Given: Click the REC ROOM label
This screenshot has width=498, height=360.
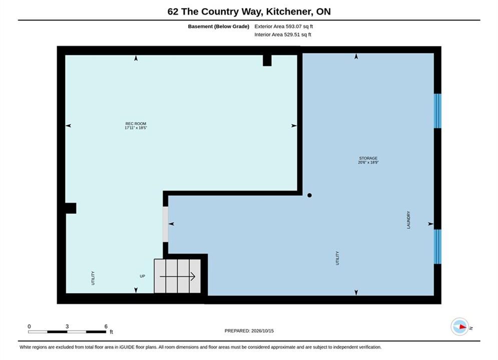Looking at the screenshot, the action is (136, 123).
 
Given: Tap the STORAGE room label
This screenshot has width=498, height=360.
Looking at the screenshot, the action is (368, 158).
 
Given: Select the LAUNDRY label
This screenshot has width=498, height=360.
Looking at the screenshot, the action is (408, 220).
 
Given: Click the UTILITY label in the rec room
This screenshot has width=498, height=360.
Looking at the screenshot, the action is (93, 278).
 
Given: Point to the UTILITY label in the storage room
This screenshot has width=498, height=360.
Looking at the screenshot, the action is (337, 258).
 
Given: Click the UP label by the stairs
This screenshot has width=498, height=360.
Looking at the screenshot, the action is (142, 276).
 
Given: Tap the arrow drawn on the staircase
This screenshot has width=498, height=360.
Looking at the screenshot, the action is (177, 276).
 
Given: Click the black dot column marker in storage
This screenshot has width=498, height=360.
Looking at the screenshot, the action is (309, 195).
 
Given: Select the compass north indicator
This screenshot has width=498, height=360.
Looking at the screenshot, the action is (459, 326).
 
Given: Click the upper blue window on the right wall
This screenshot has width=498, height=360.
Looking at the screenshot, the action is (437, 111).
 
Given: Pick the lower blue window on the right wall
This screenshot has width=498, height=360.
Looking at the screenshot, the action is (437, 246).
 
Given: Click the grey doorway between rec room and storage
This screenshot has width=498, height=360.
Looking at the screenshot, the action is (166, 224).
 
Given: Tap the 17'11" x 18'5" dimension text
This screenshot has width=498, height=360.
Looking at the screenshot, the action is (136, 128).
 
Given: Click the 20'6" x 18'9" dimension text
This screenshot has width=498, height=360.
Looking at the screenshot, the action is (368, 162).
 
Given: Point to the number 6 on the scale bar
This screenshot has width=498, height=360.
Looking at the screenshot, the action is (106, 326).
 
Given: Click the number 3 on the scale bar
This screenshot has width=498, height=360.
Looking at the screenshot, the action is (67, 326).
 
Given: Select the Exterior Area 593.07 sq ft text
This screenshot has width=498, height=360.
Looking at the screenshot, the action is (284, 26).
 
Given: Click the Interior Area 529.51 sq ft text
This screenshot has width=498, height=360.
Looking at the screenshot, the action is (283, 34).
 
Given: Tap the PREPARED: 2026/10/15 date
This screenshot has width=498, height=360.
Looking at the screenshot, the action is (249, 330).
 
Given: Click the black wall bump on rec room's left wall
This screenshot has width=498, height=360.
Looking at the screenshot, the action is (71, 208).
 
